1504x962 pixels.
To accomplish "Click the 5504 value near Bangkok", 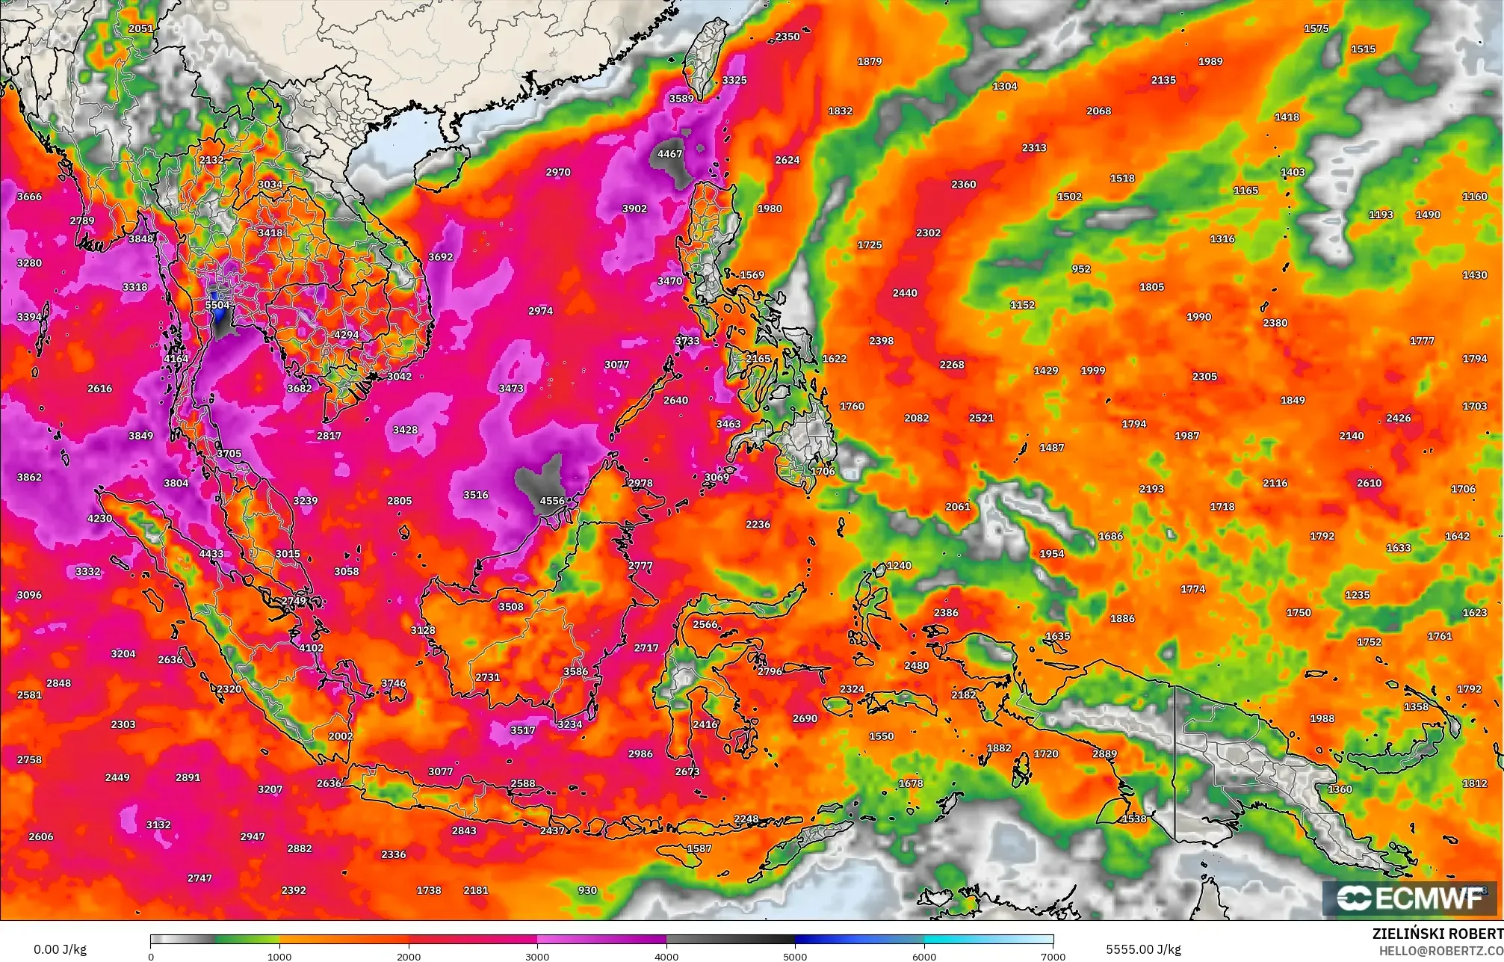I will (217, 305).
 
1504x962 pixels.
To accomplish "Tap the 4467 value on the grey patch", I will (669, 154).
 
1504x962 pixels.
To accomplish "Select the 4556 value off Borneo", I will (552, 501).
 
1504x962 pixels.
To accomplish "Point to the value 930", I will (587, 890).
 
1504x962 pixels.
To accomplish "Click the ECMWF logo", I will (1410, 898).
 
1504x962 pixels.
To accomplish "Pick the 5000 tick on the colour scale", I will (795, 956).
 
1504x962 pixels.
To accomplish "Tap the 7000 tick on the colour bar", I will (1053, 956).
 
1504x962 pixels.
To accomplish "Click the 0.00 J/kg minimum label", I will (60, 949).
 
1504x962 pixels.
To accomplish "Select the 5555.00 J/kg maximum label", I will (1143, 949).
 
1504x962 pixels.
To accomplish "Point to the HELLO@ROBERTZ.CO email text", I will (1440, 950).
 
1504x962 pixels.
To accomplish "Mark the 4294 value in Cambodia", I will (346, 334).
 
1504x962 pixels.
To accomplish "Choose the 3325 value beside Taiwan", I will (734, 80).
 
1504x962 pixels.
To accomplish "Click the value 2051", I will (140, 28).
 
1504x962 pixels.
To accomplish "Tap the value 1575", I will (1316, 28).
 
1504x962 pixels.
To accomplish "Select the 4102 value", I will (311, 648).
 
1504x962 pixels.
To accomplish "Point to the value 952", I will (1080, 269).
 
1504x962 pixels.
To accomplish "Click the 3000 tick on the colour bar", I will (537, 956).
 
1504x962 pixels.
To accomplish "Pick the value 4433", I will (211, 554).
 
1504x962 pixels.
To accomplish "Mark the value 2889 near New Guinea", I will (1104, 754).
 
